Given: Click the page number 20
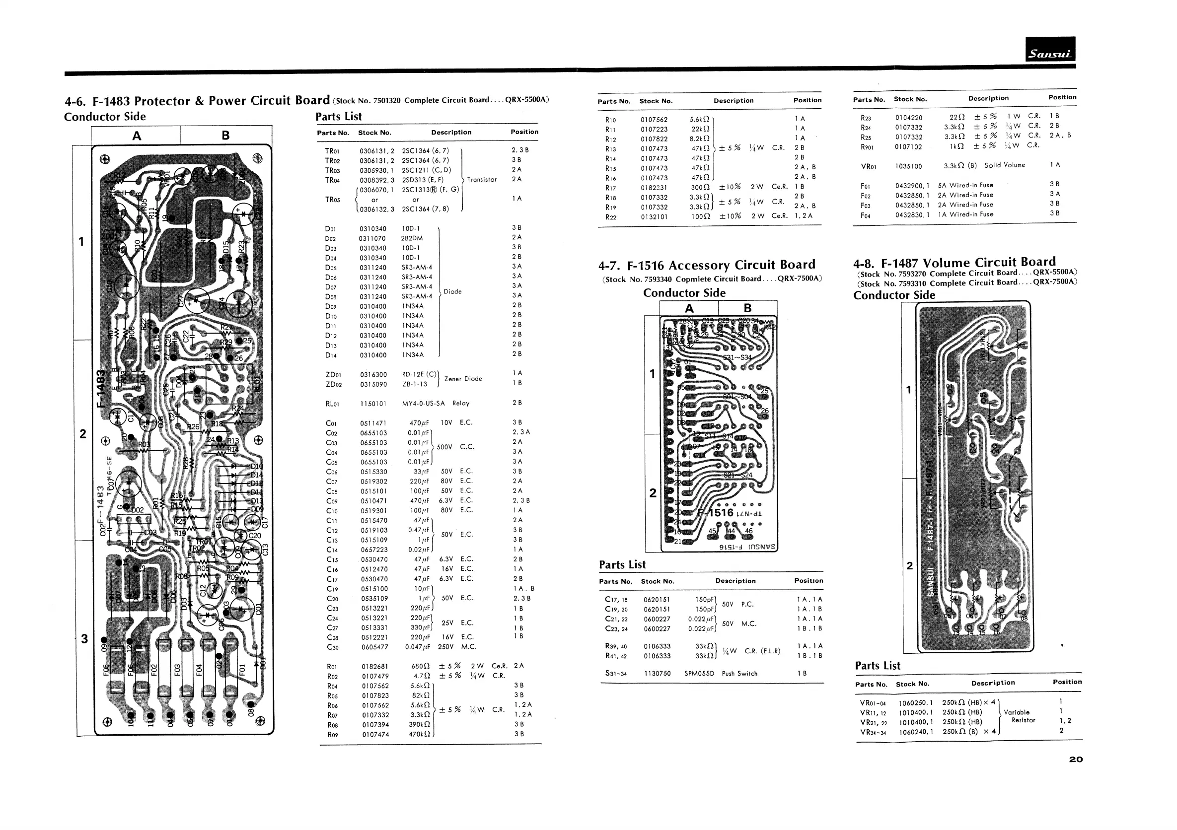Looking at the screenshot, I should pos(1076,760).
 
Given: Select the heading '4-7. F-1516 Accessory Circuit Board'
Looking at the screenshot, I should pos(706,266).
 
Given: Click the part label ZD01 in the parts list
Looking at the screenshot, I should pos(333,374).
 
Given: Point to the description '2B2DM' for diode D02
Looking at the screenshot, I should pos(412,238).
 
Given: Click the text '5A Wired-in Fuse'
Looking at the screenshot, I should pos(965,186).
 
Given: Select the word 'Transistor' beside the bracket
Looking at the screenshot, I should pos(482,180).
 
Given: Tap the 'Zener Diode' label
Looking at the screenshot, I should pos(463,379).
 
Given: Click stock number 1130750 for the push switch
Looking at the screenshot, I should pos(657,673).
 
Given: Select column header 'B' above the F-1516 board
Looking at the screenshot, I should pos(747,308).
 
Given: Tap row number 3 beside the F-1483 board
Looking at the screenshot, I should pos(84,638).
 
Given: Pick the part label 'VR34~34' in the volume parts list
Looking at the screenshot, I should pos(873,732).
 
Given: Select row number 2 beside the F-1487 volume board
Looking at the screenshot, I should pos(909,565).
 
